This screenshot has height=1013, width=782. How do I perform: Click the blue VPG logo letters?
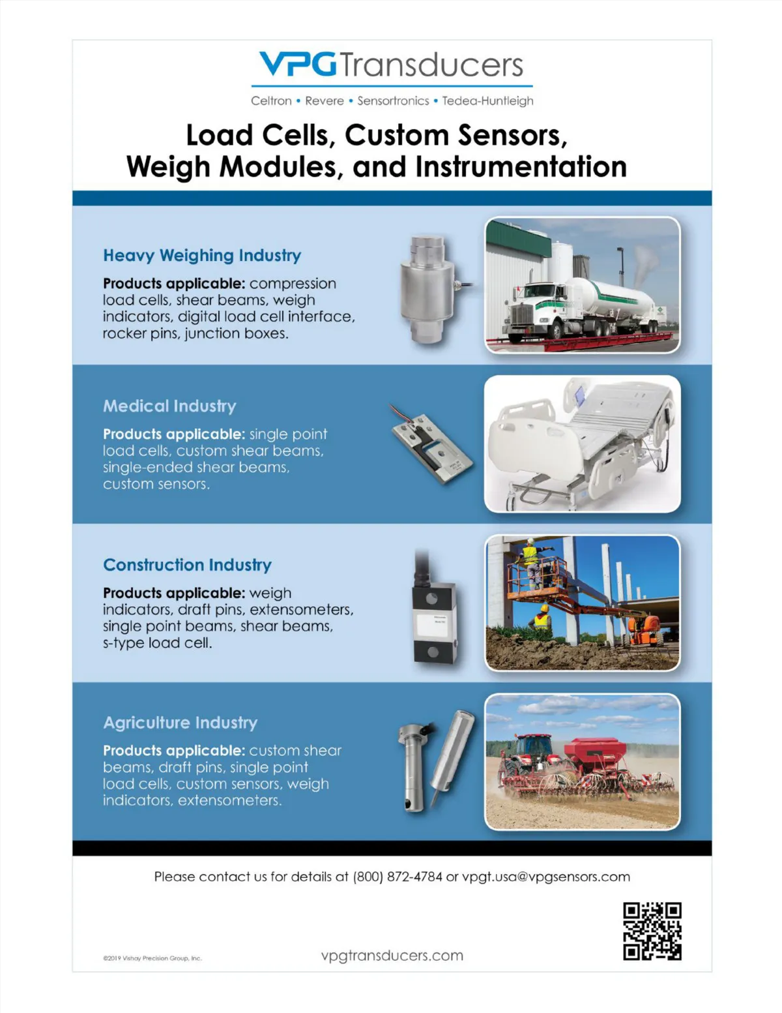[x=297, y=64]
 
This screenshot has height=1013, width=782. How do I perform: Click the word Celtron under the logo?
[x=271, y=100]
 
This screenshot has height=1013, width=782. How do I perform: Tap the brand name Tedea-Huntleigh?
[x=487, y=101]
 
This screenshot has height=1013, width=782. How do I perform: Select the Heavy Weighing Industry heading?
[x=202, y=256]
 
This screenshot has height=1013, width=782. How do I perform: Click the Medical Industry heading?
[x=169, y=406]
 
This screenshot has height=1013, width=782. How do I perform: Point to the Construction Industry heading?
[x=187, y=565]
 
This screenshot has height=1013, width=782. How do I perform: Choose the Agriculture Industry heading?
[x=181, y=723]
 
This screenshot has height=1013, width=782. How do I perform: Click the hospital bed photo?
[x=582, y=444]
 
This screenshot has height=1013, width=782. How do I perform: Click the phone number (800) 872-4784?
[x=398, y=877]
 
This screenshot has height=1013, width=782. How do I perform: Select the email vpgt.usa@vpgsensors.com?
[x=546, y=877]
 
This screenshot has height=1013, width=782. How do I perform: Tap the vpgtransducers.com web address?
[x=392, y=956]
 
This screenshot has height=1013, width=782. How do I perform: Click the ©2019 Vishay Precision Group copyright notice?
[x=152, y=958]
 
